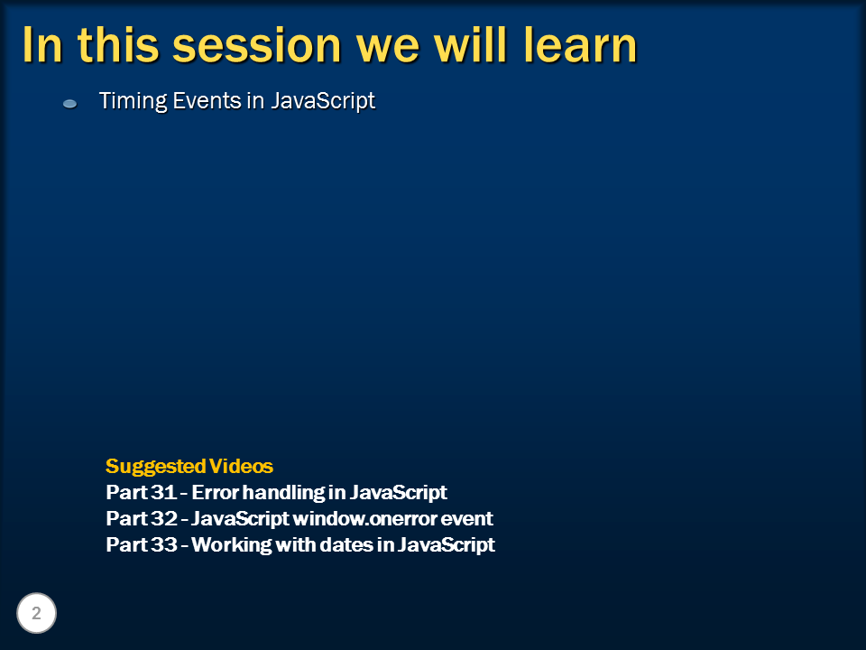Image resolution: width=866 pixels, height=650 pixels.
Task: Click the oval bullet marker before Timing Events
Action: pyautogui.click(x=69, y=104)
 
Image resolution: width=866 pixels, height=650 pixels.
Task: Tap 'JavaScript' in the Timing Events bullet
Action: pyautogui.click(x=323, y=101)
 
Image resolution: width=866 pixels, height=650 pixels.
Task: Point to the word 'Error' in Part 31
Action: pyautogui.click(x=215, y=493)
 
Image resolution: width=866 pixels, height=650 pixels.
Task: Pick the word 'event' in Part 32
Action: pyautogui.click(x=469, y=519)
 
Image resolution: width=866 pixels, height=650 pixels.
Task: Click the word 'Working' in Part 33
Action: pyautogui.click(x=231, y=545)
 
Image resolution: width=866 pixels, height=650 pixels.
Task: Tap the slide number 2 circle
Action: pyautogui.click(x=36, y=614)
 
